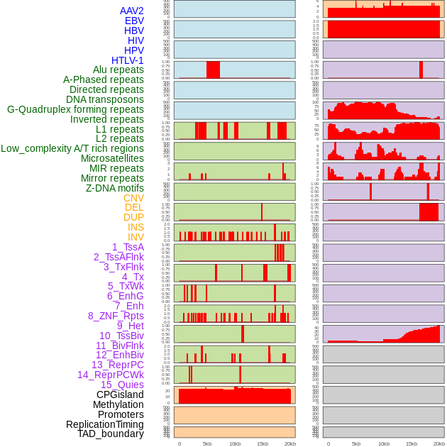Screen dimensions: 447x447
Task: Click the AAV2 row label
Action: [131, 11]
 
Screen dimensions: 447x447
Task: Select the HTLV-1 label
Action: [128, 60]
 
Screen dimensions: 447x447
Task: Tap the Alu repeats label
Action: [118, 70]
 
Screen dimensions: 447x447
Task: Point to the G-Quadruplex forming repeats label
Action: [75, 109]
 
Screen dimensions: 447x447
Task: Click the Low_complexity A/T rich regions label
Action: [72, 148]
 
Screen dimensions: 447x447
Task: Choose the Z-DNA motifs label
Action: [114, 188]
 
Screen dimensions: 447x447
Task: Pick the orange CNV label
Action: [133, 198]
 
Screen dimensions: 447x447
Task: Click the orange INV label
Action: [136, 237]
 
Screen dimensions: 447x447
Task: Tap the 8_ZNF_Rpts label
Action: [116, 316]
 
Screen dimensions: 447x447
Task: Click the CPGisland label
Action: [120, 394]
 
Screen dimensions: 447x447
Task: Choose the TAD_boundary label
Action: [110, 434]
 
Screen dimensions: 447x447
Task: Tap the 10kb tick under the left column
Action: [235, 443]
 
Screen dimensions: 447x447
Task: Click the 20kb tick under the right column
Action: [439, 443]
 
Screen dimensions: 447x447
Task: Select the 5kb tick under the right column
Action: [356, 443]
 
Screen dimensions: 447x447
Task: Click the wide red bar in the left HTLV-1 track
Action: [213, 70]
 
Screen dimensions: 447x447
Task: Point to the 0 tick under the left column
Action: [180, 443]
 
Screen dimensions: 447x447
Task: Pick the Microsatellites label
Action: [112, 158]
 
